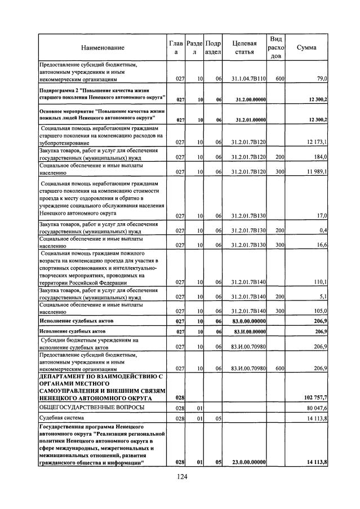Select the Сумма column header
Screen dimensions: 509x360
tap(306, 48)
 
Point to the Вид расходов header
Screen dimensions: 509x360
tap(276, 47)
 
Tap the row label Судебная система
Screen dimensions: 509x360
tap(61, 418)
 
